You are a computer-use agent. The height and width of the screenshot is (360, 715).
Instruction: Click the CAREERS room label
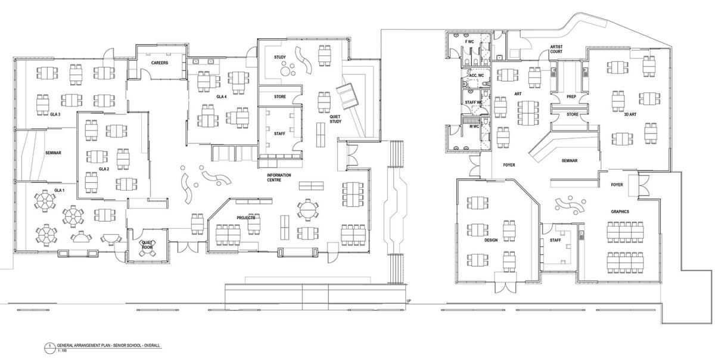[159, 63]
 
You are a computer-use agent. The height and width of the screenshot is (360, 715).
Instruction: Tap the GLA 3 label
[55, 114]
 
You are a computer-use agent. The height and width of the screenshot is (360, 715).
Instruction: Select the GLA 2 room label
[104, 169]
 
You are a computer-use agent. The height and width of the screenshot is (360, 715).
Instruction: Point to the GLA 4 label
[222, 97]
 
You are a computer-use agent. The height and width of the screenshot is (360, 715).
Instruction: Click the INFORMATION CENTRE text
[279, 178]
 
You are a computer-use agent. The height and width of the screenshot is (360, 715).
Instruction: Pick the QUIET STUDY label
[335, 119]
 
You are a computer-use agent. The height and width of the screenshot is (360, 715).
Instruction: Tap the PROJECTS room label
[245, 218]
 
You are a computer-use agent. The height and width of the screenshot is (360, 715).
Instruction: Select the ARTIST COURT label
[557, 49]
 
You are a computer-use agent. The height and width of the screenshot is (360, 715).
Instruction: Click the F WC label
[470, 42]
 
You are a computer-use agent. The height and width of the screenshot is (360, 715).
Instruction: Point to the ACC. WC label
[476, 75]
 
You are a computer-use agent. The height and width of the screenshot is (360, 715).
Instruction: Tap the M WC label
[474, 126]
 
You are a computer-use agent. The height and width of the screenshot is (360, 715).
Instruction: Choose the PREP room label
[571, 97]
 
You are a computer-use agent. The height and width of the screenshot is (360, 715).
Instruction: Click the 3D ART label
[630, 114]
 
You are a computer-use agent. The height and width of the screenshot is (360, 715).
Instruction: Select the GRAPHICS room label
[620, 212]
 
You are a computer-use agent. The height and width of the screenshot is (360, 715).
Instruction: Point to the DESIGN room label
[491, 240]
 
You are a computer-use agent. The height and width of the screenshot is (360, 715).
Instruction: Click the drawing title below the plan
[108, 346]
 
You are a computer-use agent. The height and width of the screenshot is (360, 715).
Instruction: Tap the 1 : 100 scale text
[62, 350]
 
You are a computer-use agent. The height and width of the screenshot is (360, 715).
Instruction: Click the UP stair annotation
[409, 301]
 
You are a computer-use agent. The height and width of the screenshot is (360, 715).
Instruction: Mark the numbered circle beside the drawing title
[49, 348]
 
